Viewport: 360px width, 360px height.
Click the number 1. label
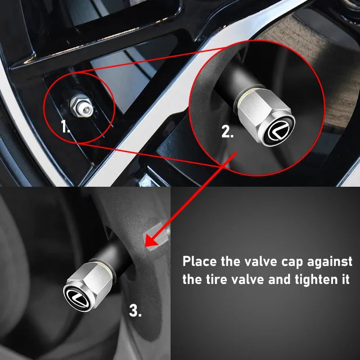pyautogui.click(x=66, y=127)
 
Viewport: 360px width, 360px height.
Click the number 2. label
pyautogui.click(x=227, y=132)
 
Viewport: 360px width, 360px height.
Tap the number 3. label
pyautogui.click(x=135, y=310)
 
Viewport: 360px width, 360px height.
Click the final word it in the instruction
pyautogui.click(x=345, y=279)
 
